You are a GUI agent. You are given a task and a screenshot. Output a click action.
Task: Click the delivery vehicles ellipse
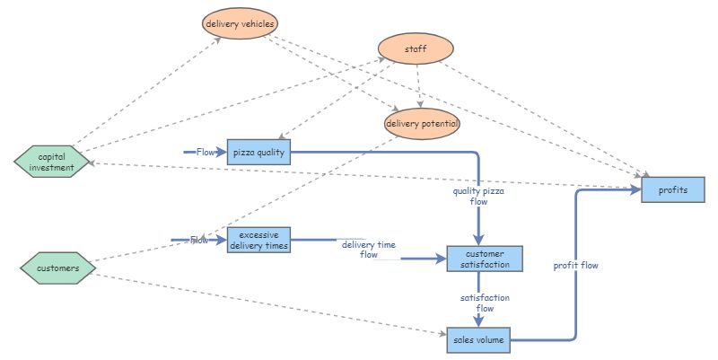pyautogui.click(x=241, y=23)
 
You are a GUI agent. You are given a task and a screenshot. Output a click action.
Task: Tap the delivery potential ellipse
pyautogui.click(x=422, y=123)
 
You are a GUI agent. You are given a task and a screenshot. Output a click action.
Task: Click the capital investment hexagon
pyautogui.click(x=52, y=161)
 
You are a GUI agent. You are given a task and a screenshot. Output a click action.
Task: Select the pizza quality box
pyautogui.click(x=258, y=153)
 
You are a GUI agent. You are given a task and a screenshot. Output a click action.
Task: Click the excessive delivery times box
pyautogui.click(x=258, y=240)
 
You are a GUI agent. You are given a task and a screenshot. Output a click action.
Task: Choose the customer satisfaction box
pyautogui.click(x=478, y=259)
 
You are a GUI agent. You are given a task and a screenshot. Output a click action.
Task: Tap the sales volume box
pyautogui.click(x=477, y=340)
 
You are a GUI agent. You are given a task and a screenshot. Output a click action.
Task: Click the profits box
pyautogui.click(x=673, y=189)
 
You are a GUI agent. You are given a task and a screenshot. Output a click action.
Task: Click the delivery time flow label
pyautogui.click(x=369, y=249)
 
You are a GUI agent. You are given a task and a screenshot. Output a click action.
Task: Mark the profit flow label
pyautogui.click(x=575, y=266)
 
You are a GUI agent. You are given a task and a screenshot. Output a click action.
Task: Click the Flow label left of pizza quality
pyautogui.click(x=206, y=153)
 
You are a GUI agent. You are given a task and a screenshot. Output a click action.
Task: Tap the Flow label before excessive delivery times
pyautogui.click(x=199, y=240)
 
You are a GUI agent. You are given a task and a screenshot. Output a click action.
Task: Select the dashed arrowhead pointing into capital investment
pyautogui.click(x=94, y=162)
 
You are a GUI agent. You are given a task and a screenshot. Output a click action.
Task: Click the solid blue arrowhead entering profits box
pyautogui.click(x=636, y=190)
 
